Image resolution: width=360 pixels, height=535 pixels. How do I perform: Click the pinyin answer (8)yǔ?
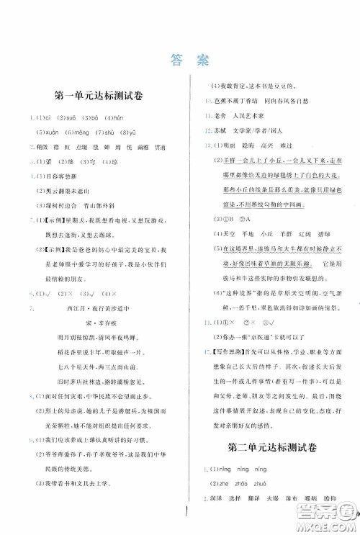tap(121, 132)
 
